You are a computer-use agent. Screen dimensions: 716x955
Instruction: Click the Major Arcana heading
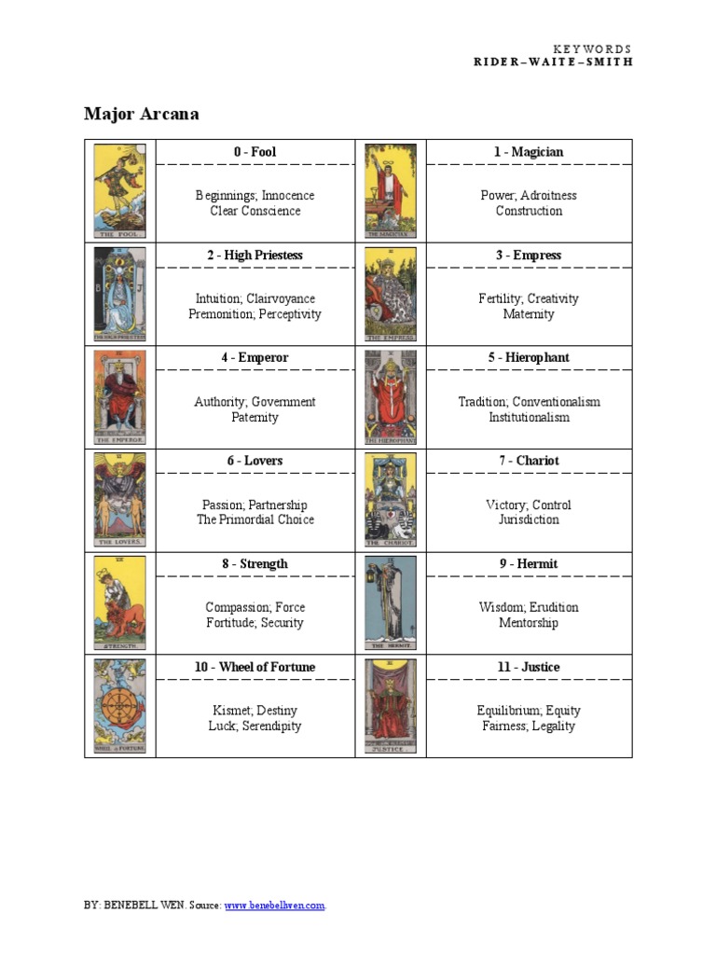point(141,115)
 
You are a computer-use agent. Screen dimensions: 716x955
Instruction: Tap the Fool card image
point(119,191)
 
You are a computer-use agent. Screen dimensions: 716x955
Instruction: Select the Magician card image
point(391,191)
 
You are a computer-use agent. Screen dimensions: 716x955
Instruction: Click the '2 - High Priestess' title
point(255,255)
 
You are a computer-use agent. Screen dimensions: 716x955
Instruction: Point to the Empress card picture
point(391,295)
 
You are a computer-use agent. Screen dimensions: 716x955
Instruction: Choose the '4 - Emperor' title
point(255,358)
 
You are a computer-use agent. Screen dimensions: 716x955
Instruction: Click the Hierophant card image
point(391,398)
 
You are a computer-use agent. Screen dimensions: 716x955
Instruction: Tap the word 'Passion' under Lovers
point(224,505)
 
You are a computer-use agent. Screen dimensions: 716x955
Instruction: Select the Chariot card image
point(391,501)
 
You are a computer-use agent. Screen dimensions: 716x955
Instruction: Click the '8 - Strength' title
point(255,564)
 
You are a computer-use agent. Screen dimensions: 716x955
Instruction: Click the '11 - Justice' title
point(529,668)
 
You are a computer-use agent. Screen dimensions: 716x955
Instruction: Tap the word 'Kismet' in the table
point(229,711)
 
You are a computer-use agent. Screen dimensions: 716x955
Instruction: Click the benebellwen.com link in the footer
point(275,906)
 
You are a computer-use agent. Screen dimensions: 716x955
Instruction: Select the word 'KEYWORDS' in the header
point(592,48)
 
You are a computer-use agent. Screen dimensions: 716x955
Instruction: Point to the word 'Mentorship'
point(529,623)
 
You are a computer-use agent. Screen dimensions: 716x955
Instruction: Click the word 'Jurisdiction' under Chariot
point(529,519)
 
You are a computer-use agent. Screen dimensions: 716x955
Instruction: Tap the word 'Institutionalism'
point(529,417)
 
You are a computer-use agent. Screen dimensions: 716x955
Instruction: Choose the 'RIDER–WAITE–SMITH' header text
point(553,62)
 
